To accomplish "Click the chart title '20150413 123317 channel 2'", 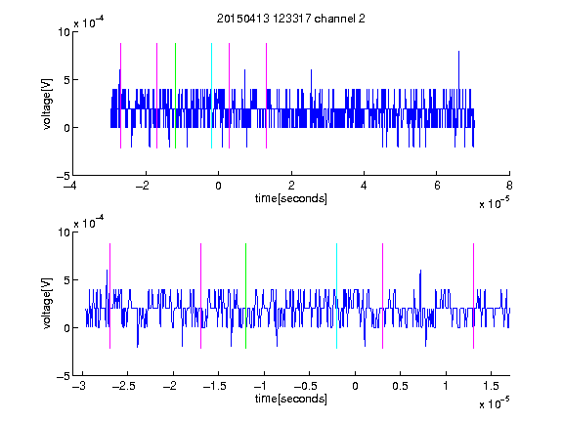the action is point(291,19).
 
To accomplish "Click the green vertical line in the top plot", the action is point(175,96).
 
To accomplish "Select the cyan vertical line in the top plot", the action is point(211,96).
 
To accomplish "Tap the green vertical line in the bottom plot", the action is point(245,296).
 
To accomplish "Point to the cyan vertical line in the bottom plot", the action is point(336,296).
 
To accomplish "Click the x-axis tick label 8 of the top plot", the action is point(509,186).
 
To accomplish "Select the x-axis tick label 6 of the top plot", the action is point(437,186).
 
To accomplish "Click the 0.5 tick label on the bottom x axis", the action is point(400,386).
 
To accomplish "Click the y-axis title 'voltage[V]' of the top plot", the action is point(47,104).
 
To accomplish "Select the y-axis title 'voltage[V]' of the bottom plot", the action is point(47,304).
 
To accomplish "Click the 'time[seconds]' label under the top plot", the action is point(291,198).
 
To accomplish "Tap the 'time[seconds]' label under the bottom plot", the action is point(291,399).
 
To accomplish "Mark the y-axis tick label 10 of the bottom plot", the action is point(65,232).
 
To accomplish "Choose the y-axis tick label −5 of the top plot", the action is point(64,176).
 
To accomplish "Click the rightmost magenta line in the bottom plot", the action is point(473,296).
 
